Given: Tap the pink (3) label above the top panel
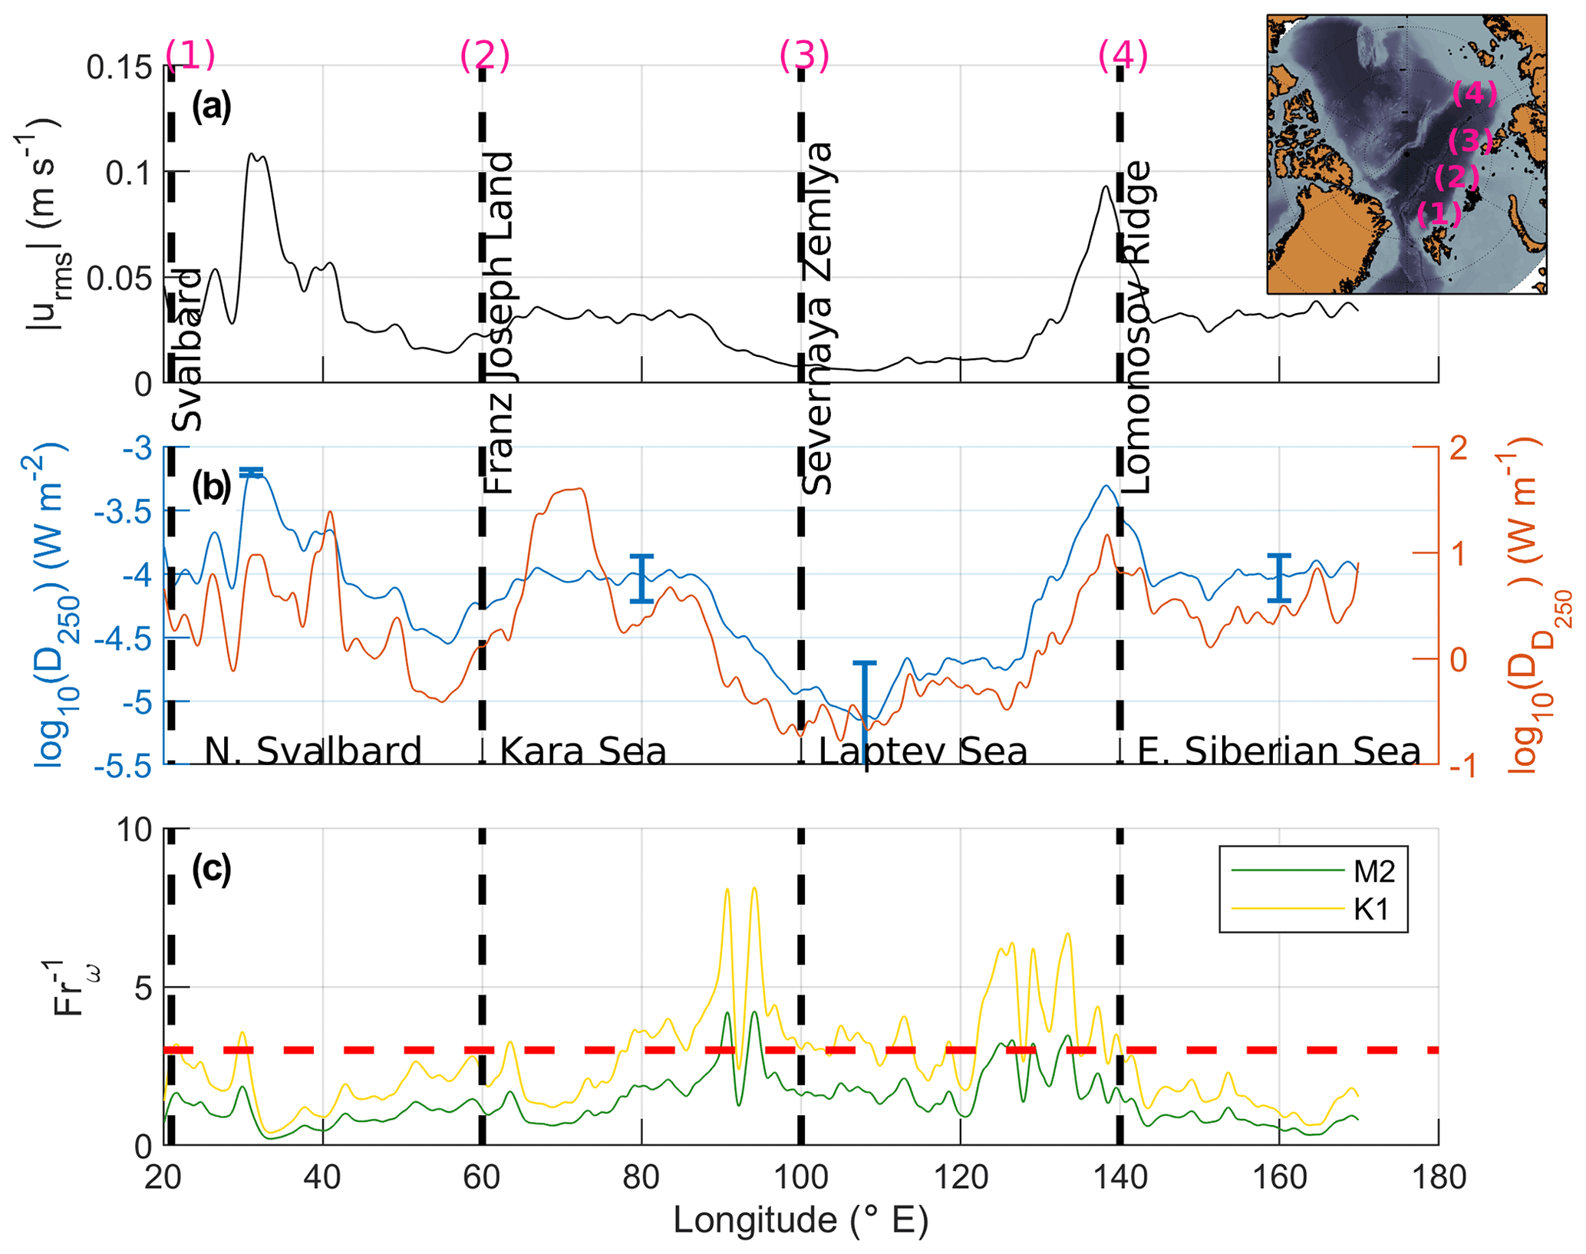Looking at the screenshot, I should click(804, 56).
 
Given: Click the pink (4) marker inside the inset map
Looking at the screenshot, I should click(1474, 94).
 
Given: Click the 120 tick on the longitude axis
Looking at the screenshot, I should click(960, 1176).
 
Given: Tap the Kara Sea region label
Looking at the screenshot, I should click(583, 751).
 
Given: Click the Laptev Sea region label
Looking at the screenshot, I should click(922, 751).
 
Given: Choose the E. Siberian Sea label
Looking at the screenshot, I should click(1278, 751).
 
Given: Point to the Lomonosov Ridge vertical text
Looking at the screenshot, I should click(1136, 326).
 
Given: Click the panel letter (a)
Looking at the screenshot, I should click(211, 106).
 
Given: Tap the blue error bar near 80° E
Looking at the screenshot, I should click(641, 578).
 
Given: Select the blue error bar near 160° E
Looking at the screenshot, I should click(1278, 577).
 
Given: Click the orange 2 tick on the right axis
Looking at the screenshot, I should click(1459, 447).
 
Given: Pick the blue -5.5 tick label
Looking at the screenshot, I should click(123, 765).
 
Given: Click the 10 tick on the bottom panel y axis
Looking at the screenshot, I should click(135, 830).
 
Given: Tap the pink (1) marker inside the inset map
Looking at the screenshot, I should click(1439, 213).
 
